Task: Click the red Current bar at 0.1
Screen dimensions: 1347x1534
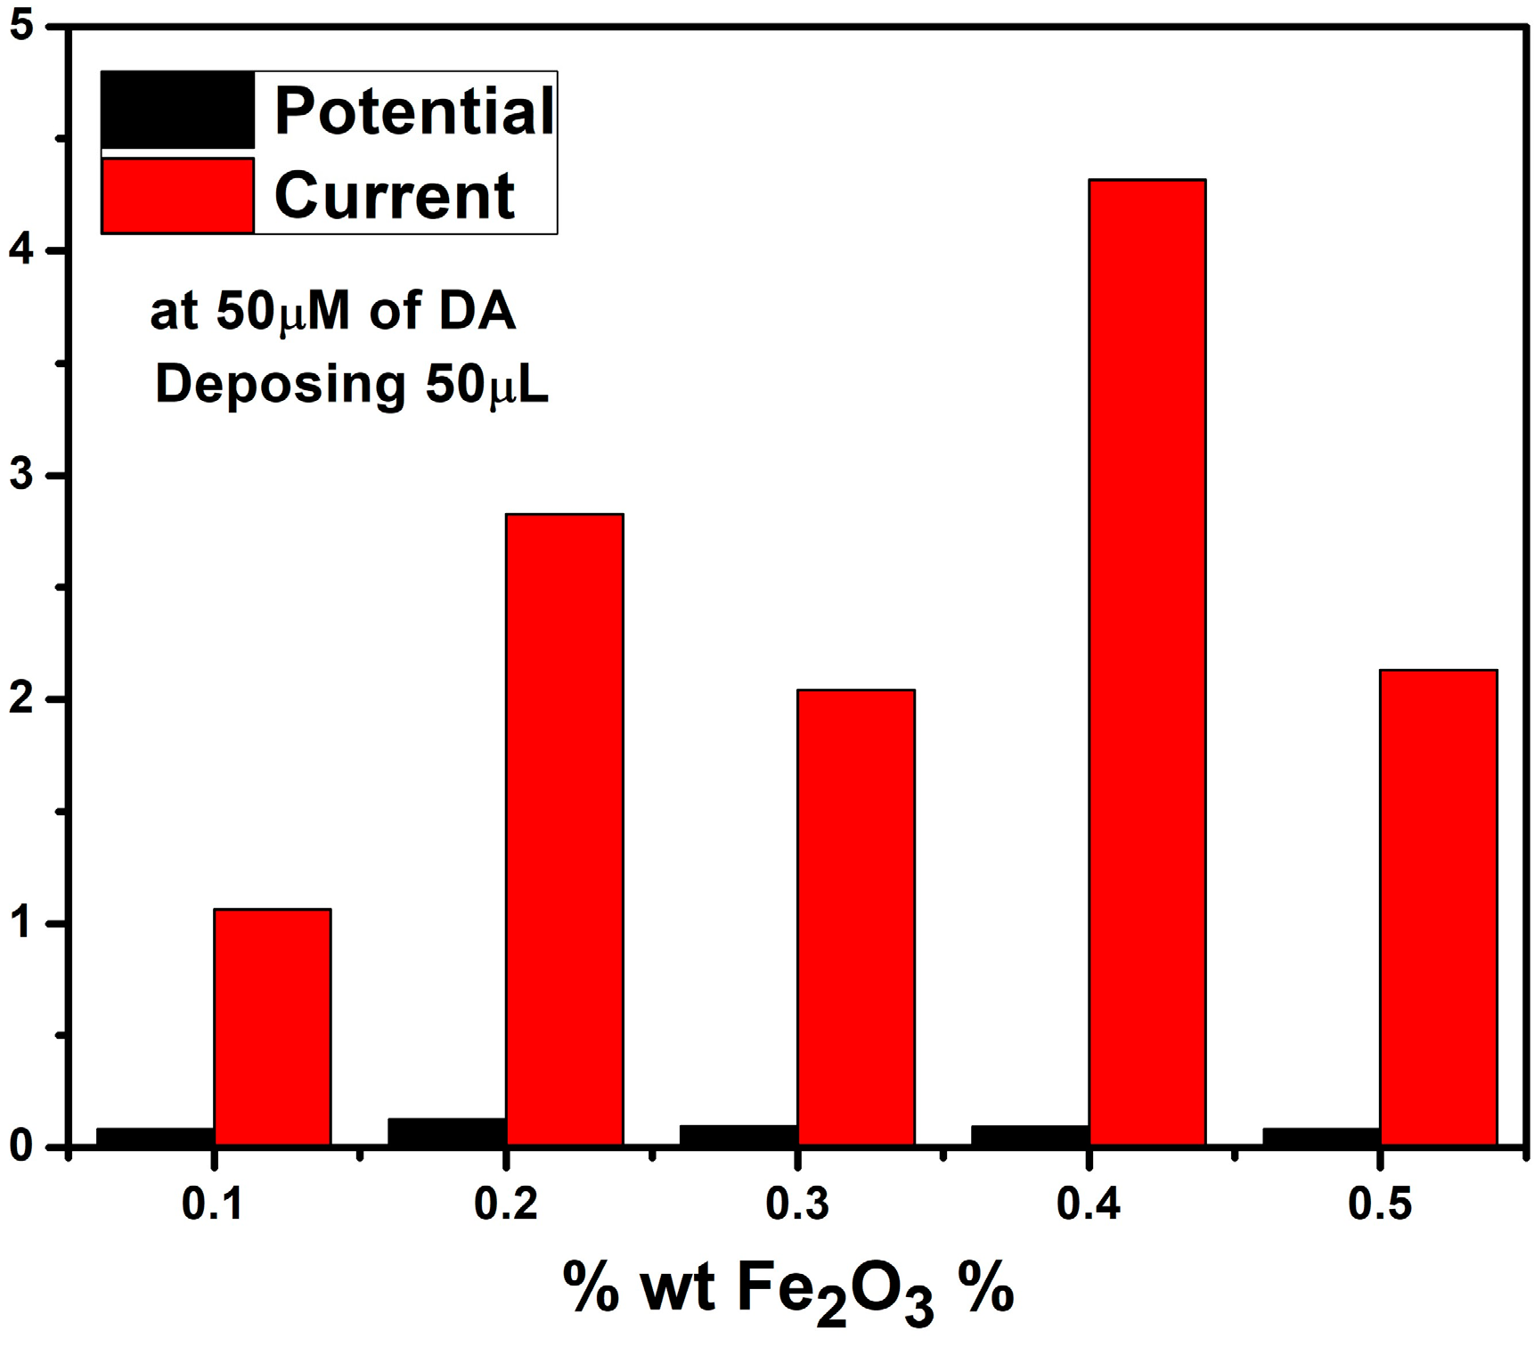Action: tap(273, 1026)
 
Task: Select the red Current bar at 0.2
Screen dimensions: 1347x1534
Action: tap(564, 829)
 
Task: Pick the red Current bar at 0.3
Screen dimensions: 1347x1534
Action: tap(856, 917)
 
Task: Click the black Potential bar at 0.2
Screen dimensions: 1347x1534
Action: tap(447, 1131)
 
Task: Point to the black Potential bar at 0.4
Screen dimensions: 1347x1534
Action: tap(1030, 1135)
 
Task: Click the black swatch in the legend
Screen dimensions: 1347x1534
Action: tap(178, 110)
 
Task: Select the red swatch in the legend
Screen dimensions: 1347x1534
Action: tap(178, 196)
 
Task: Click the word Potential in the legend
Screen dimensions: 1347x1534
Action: tap(414, 111)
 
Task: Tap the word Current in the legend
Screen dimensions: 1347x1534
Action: tap(395, 195)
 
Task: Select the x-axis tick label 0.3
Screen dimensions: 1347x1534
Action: tap(796, 1204)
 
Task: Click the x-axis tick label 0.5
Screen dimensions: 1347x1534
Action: tap(1379, 1204)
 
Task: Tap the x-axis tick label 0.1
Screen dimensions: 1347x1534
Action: tap(213, 1204)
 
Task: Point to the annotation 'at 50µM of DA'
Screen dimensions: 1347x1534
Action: tap(333, 313)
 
